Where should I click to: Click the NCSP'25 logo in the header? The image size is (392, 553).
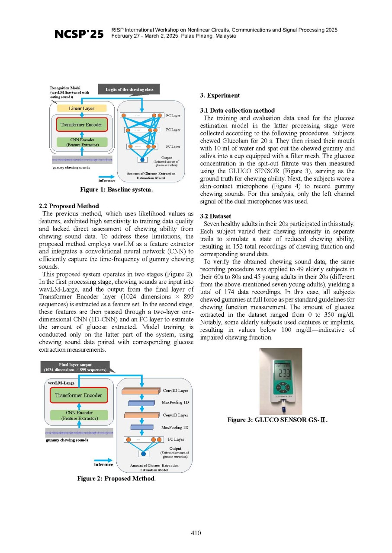pos(79,34)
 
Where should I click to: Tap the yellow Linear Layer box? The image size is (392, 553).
pos(82,108)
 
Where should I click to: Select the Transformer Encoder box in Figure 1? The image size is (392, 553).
pos(82,125)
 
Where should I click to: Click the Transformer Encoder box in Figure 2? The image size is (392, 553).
pos(79,395)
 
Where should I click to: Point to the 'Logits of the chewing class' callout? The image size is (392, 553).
pos(129,89)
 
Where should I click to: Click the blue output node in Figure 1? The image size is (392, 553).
pos(142,160)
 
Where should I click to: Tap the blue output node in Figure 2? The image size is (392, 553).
pos(143,454)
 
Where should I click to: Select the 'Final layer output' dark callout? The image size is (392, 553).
pos(75,367)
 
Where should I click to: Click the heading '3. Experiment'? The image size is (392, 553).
pos(220,95)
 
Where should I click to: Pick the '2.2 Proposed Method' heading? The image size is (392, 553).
pos(69,206)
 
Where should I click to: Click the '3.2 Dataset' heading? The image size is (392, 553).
pos(215,216)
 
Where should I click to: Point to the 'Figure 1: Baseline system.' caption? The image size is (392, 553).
pos(116,190)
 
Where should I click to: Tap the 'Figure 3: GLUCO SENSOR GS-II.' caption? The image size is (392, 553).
pos(277,420)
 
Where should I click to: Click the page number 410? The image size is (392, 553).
pos(196,533)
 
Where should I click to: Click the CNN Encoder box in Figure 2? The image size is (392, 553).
pos(79,415)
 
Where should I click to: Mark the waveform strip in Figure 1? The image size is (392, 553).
pos(82,160)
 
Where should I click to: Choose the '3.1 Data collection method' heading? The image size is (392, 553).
pos(237,110)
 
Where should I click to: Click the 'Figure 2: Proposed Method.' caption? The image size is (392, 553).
pos(116,478)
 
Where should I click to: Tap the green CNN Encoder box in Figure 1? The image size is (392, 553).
pos(82,142)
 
